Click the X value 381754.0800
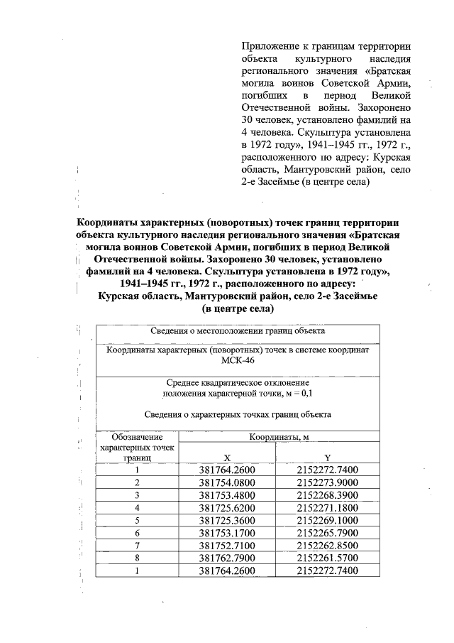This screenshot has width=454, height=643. [x=226, y=482]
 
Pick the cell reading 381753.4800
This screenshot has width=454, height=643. [x=226, y=495]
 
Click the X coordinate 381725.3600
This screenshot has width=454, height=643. [x=226, y=520]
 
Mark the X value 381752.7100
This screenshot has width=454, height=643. [x=226, y=546]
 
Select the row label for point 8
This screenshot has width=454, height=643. [x=137, y=558]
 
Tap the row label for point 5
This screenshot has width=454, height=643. [x=137, y=520]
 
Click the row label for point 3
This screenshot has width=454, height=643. [x=137, y=495]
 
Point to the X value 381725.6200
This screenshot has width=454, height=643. [x=226, y=508]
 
